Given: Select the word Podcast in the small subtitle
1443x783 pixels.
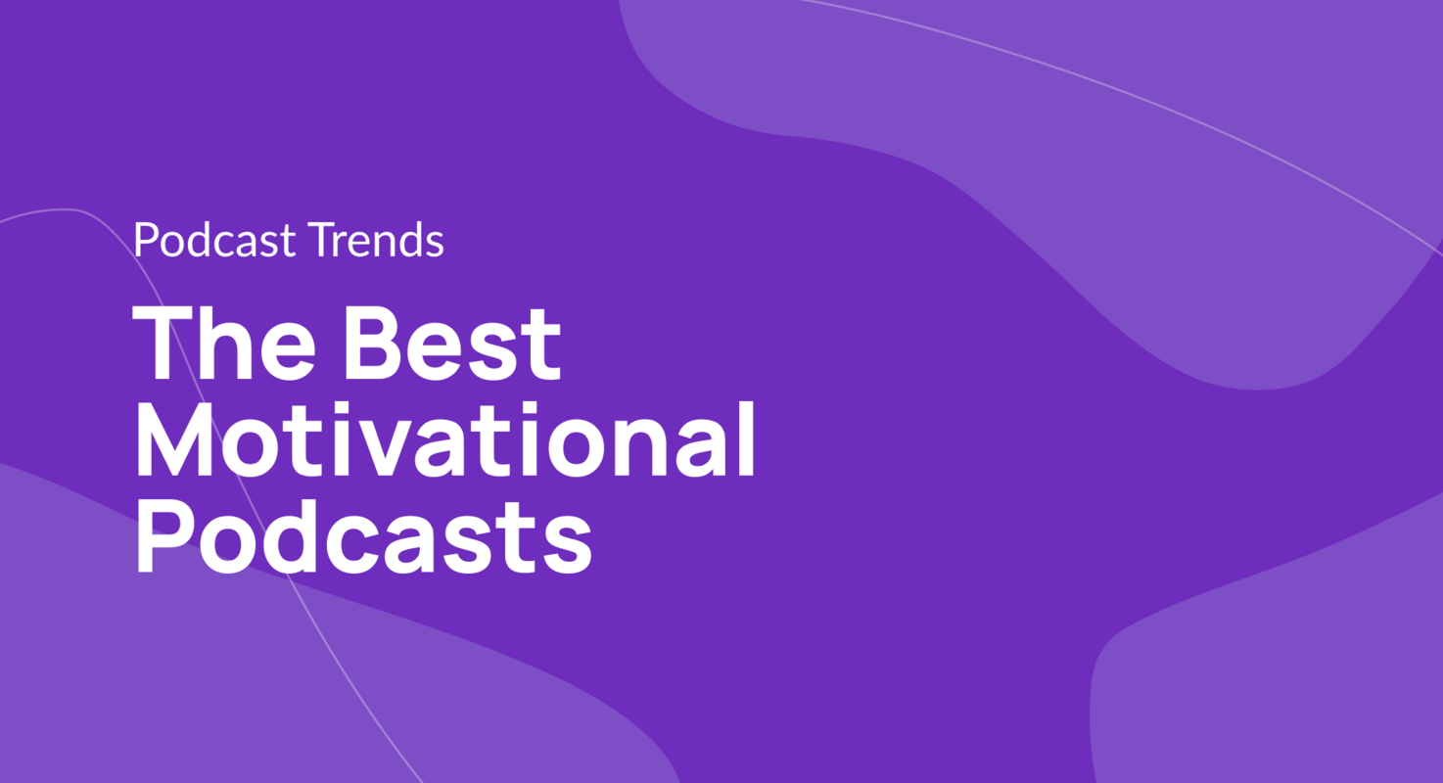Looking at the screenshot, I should (x=214, y=240).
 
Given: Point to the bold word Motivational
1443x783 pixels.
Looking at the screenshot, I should (x=444, y=439).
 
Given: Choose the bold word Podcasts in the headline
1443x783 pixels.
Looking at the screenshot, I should (x=362, y=535).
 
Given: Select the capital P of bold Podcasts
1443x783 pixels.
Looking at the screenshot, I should (x=162, y=535).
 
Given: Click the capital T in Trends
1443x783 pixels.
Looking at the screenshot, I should (x=319, y=240).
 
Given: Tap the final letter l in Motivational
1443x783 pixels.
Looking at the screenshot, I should (x=745, y=439).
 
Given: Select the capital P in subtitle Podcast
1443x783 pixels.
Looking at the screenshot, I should (x=145, y=240).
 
